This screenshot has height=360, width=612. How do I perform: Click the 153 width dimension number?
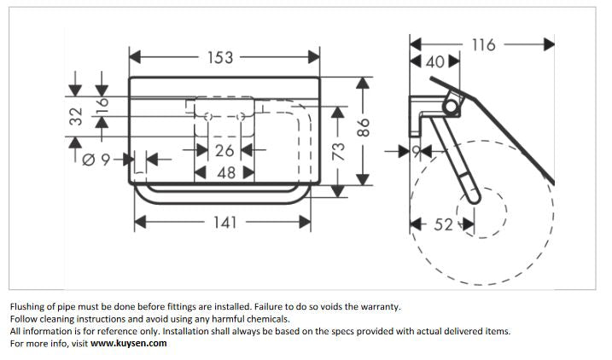pyautogui.click(x=220, y=58)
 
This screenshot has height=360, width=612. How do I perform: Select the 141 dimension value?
pyautogui.click(x=225, y=223)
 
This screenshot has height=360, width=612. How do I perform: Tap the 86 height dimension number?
pyautogui.click(x=363, y=128)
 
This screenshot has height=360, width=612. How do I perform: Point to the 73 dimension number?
pyautogui.click(x=338, y=151)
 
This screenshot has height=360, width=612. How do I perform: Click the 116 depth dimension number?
pyautogui.click(x=484, y=45)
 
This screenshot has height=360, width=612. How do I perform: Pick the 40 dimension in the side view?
pyautogui.click(x=434, y=62)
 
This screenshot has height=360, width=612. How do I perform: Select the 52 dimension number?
pyautogui.click(x=443, y=224)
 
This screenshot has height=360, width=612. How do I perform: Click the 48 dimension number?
pyautogui.click(x=226, y=173)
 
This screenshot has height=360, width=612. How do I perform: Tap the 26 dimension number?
pyautogui.click(x=224, y=150)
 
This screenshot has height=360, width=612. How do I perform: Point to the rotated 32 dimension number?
pyautogui.click(x=76, y=116)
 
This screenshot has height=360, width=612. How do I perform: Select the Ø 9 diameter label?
pyautogui.click(x=96, y=160)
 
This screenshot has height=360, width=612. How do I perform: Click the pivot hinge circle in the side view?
pyautogui.click(x=452, y=106)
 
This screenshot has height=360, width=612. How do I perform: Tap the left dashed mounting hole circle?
pyautogui.click(x=208, y=117)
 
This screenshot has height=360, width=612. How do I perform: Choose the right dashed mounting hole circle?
pyautogui.click(x=241, y=117)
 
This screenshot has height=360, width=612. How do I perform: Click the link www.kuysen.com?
pyautogui.click(x=128, y=343)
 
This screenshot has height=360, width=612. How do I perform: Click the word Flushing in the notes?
pyautogui.click(x=26, y=307)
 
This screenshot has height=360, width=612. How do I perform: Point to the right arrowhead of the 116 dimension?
pyautogui.click(x=549, y=44)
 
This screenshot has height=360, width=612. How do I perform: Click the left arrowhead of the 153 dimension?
pyautogui.click(x=135, y=57)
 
